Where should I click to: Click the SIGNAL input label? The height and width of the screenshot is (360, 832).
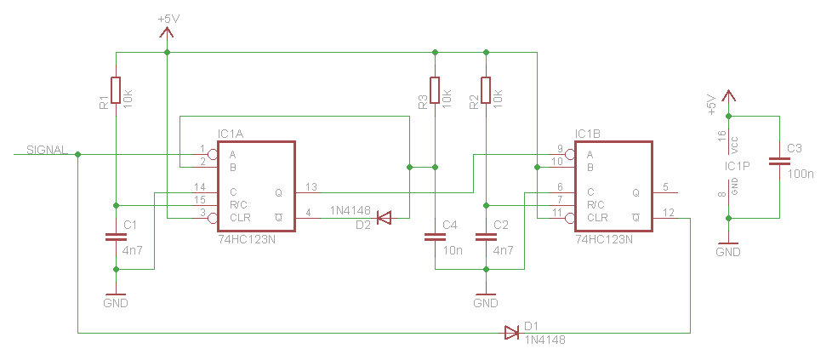(47, 150)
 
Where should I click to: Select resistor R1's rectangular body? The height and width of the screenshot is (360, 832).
(115, 90)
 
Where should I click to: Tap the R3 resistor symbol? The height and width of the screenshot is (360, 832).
(435, 90)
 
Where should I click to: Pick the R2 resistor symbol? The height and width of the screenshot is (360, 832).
(486, 90)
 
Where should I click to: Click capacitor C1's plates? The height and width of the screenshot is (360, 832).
(115, 238)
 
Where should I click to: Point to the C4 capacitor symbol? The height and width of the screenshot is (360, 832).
(435, 238)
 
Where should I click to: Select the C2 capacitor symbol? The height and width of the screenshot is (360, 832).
(486, 238)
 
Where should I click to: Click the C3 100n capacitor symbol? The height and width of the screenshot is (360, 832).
(778, 161)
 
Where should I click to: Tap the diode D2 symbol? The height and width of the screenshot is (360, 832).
(385, 219)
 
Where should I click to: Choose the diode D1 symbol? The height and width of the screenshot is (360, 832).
(511, 332)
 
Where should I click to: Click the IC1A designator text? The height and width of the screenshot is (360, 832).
(231, 134)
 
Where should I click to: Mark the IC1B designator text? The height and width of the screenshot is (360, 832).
(588, 134)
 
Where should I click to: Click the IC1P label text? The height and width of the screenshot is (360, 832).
(737, 166)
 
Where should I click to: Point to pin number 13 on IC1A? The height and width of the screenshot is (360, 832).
(311, 187)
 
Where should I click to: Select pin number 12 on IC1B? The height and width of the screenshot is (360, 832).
(669, 213)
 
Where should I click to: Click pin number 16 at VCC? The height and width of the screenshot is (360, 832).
(721, 136)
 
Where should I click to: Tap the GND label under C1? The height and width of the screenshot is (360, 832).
(115, 303)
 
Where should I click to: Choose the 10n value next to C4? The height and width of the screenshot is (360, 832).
(453, 251)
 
